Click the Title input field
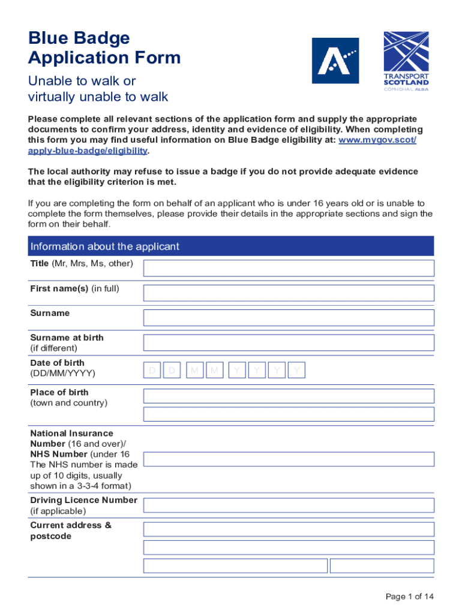tap(288, 268)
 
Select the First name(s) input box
tap(288, 293)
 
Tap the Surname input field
tap(288, 318)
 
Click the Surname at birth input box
tap(288, 343)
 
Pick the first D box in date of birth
tap(152, 372)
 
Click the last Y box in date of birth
tap(296, 372)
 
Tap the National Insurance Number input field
tap(288, 459)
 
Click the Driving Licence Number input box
tap(288, 505)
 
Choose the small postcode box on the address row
tap(382, 565)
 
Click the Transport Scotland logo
tap(406, 61)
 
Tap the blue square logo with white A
tap(335, 61)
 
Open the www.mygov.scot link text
tap(377, 140)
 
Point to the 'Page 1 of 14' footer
tap(409, 596)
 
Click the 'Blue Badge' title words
tap(79, 38)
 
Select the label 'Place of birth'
tap(59, 392)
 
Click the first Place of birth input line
tap(288, 396)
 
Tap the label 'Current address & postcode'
tap(71, 531)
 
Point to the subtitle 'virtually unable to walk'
tap(98, 97)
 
